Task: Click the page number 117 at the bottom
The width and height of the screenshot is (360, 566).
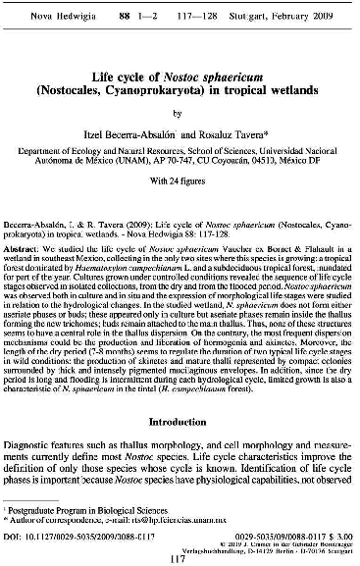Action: click(x=180, y=559)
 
